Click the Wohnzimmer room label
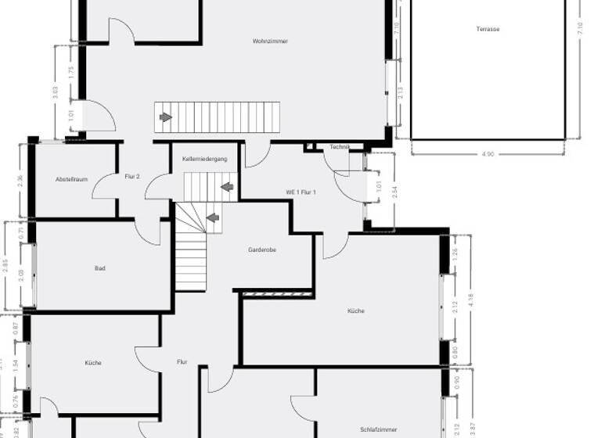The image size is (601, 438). click(269, 41)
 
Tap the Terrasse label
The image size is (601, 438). click(488, 29)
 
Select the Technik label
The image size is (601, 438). click(339, 147)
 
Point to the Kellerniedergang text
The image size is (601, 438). click(204, 159)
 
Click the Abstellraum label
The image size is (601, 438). click(71, 180)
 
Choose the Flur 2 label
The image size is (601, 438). click(131, 177)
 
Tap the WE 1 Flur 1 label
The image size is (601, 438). click(300, 192)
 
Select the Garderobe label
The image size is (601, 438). click(261, 250)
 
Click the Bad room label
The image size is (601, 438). click(99, 268)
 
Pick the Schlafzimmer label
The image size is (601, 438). click(379, 429)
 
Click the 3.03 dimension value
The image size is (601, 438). click(55, 91)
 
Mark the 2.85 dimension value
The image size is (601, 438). click(5, 266)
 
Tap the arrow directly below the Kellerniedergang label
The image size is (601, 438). click(227, 187)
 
